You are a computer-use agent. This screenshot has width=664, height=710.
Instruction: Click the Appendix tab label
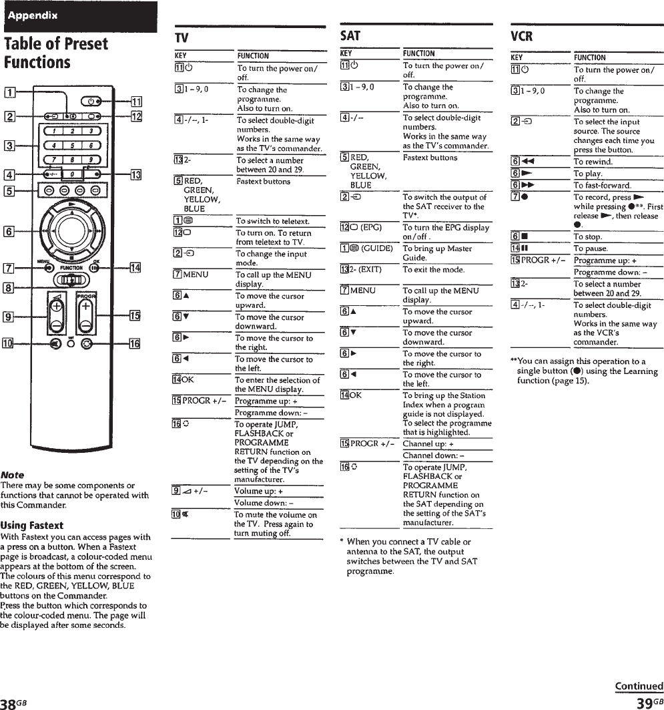(x=33, y=15)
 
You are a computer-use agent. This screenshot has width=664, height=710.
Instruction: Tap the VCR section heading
(x=523, y=36)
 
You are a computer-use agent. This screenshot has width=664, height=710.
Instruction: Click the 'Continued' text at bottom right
(x=639, y=686)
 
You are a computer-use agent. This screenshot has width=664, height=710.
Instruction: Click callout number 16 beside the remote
(x=135, y=345)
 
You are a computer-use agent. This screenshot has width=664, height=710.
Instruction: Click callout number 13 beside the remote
(x=135, y=176)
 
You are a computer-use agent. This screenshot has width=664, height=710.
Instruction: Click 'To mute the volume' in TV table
(x=276, y=515)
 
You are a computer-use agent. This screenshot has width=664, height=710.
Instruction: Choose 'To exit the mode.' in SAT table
(x=434, y=270)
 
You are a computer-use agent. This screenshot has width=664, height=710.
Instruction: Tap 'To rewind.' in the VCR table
(x=593, y=162)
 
